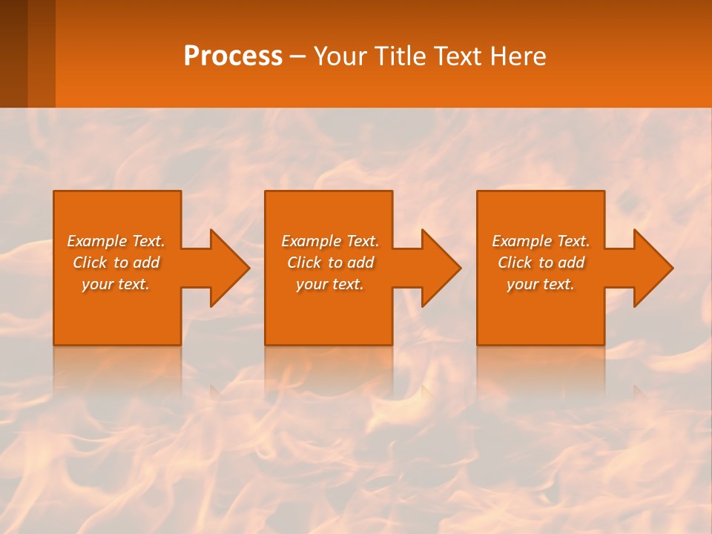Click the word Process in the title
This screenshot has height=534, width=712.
(x=233, y=56)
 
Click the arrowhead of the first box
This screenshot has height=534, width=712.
(x=227, y=268)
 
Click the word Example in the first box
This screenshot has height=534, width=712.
(x=96, y=241)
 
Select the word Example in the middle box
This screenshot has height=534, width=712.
(x=311, y=241)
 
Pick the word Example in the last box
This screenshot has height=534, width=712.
(x=521, y=241)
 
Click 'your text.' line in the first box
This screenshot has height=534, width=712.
(x=116, y=284)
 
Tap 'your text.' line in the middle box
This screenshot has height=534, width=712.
(x=329, y=284)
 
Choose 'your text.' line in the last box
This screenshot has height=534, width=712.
(x=540, y=284)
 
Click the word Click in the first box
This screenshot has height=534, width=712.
(x=90, y=263)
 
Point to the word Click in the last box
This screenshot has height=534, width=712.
(x=515, y=263)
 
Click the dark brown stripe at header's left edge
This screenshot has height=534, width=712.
(x=13, y=53)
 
